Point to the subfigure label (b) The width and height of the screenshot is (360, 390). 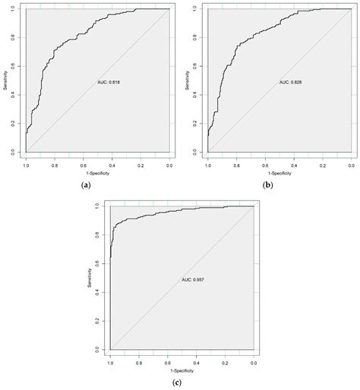pos(268,184)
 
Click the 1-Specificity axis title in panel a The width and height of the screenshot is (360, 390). pos(96,173)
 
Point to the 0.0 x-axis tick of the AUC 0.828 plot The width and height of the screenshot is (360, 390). pos(351,164)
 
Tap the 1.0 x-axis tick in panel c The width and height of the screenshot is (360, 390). pos(111,362)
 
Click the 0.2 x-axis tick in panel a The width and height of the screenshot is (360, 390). pos(141,164)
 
